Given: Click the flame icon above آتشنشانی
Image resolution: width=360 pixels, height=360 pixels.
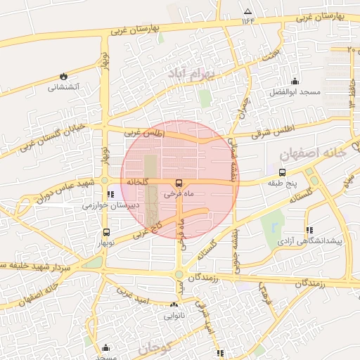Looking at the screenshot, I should pyautogui.click(x=64, y=76).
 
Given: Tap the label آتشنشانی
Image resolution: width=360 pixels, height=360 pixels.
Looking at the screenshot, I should pyautogui.click(x=64, y=88).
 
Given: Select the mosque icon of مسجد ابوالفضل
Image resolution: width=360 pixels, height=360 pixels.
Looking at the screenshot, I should pyautogui.click(x=294, y=81).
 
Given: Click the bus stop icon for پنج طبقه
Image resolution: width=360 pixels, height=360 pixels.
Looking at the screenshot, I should pyautogui.click(x=282, y=172).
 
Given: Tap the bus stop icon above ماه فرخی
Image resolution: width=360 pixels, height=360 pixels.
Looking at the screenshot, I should pyautogui.click(x=177, y=183).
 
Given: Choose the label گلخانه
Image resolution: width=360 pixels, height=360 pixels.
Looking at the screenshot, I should pyautogui.click(x=139, y=181).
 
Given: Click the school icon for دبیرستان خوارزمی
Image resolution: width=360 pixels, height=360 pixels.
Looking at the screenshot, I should pyautogui.click(x=109, y=194).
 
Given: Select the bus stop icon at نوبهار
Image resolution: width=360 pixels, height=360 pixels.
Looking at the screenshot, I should pyautogui.click(x=106, y=232).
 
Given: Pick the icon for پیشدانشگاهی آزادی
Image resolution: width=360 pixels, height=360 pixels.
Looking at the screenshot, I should pyautogui.click(x=309, y=229).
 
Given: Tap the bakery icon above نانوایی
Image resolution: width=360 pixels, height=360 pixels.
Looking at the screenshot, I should pyautogui.click(x=174, y=304).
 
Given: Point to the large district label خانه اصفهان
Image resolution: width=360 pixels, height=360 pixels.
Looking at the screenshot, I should pyautogui.click(x=309, y=154).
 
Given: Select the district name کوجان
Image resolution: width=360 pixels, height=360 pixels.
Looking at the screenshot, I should pyautogui.click(x=155, y=347).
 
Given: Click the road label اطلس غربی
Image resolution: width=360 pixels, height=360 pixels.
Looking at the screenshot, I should pyautogui.click(x=143, y=131).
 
